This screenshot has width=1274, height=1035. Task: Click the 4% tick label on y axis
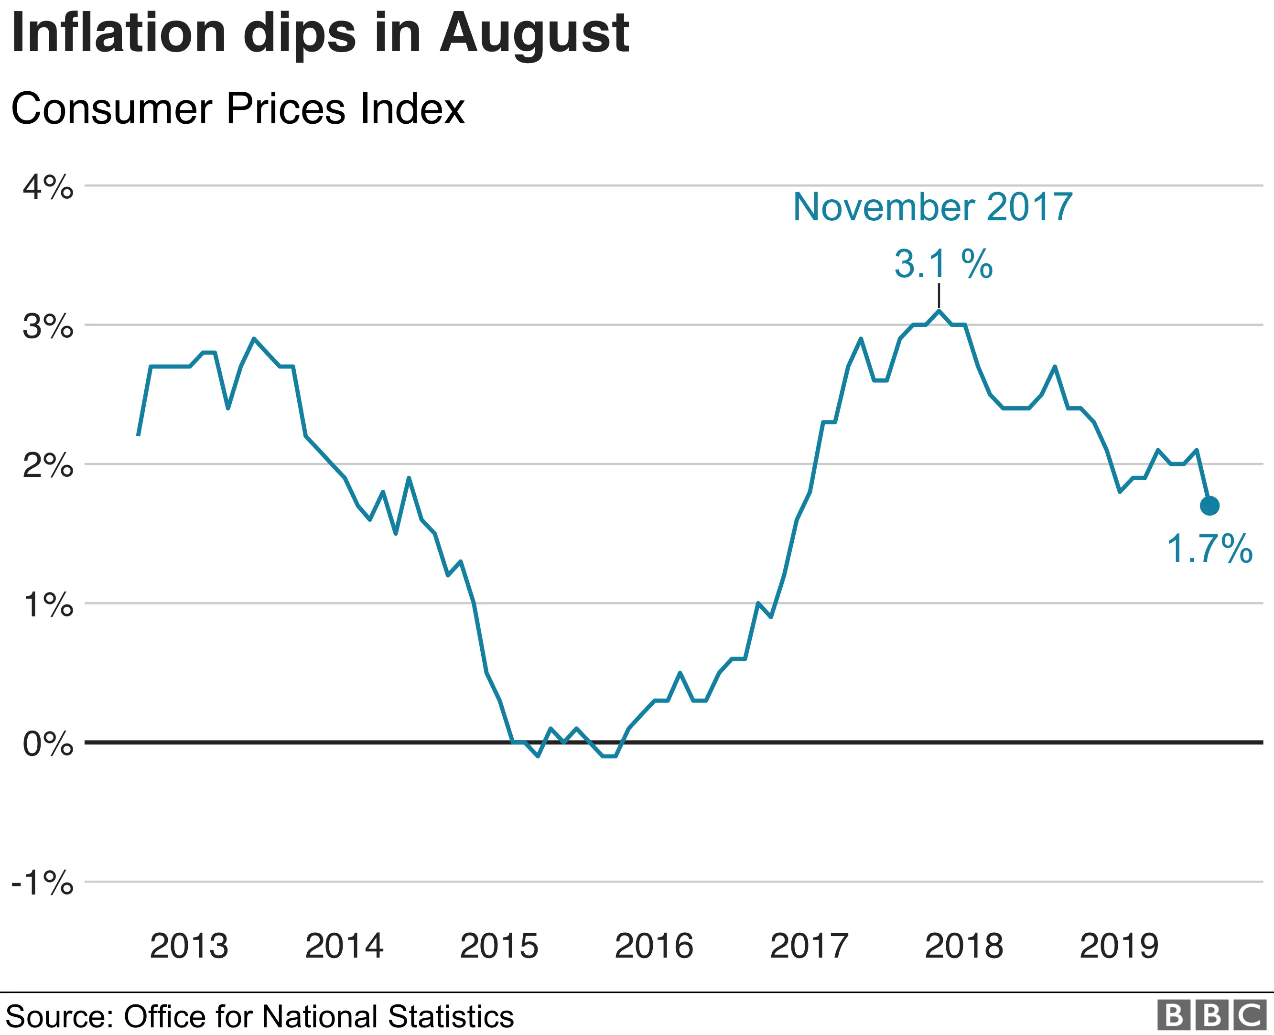click(x=48, y=188)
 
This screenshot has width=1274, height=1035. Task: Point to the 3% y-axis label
click(x=48, y=327)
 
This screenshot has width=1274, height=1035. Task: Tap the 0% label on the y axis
click(x=48, y=744)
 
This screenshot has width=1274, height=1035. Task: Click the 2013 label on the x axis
click(x=189, y=946)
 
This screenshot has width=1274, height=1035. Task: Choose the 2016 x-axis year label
click(x=654, y=946)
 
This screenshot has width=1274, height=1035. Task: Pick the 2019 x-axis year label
click(x=1119, y=946)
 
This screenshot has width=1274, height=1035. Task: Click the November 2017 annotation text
click(x=932, y=207)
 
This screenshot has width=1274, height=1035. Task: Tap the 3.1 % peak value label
click(x=943, y=264)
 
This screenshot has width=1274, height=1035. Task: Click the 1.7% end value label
click(x=1209, y=549)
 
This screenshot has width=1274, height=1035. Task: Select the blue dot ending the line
click(x=1209, y=506)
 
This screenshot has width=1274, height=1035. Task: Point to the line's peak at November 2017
click(x=939, y=311)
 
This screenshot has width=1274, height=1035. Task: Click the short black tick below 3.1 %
click(x=939, y=296)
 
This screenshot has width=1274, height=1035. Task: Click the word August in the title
click(x=534, y=34)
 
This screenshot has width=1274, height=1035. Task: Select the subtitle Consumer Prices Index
click(x=238, y=109)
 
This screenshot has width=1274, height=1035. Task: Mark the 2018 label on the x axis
click(x=964, y=946)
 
